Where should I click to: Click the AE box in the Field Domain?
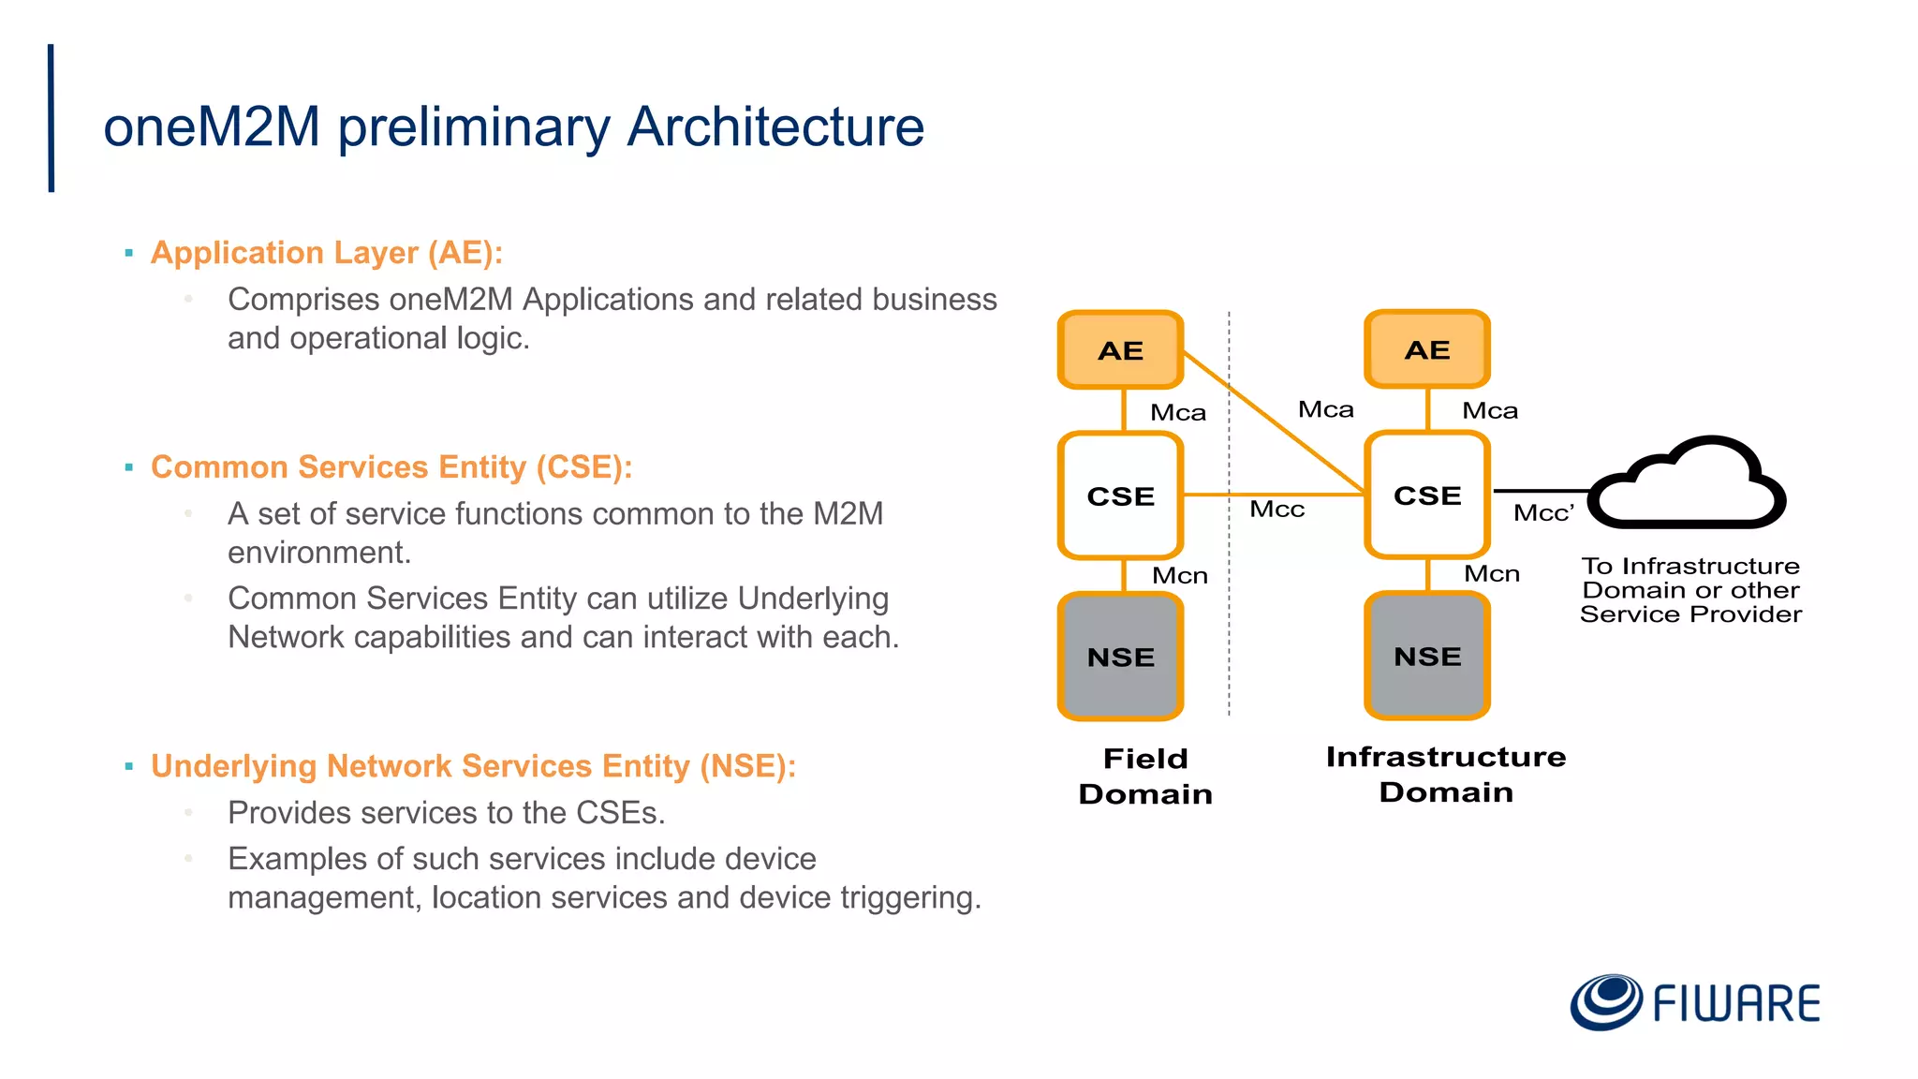(1120, 350)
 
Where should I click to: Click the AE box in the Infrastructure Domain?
(1426, 349)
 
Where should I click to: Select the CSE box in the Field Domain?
(1120, 495)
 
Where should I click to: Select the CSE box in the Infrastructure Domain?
(1426, 495)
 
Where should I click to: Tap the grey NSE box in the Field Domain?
(1120, 657)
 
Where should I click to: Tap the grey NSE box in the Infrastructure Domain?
(1426, 656)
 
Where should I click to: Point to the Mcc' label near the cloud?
(1543, 513)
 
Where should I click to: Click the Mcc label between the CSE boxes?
(1276, 510)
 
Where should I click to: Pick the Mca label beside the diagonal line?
(1325, 409)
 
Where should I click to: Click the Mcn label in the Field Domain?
(1179, 575)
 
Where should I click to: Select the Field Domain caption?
(1144, 776)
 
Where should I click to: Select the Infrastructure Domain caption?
(1445, 774)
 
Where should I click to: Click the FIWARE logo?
(1695, 1002)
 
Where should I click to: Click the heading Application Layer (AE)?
(327, 253)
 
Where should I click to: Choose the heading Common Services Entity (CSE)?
(391, 466)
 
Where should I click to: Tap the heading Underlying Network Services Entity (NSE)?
(473, 766)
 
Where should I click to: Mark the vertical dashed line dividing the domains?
(1229, 609)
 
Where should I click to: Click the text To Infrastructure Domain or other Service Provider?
(1690, 590)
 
